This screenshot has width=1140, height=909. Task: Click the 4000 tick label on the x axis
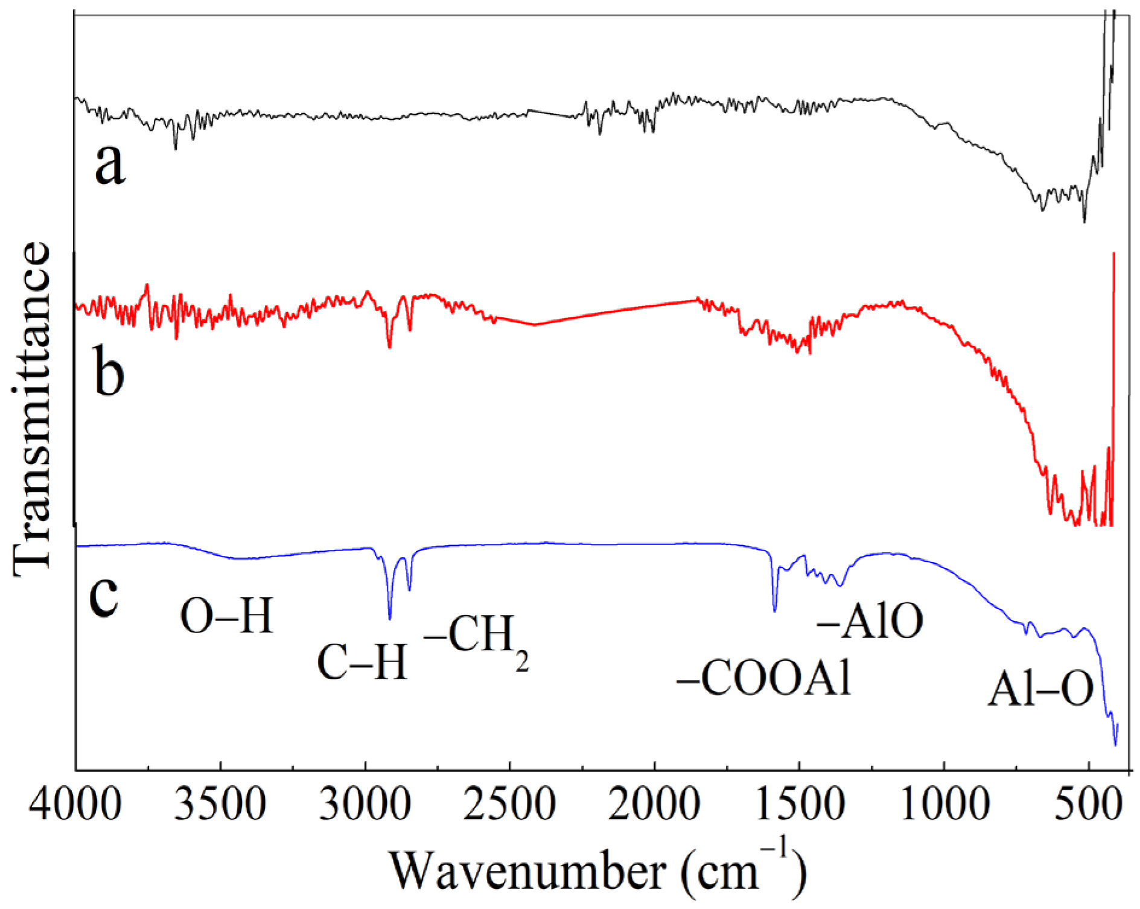[75, 805]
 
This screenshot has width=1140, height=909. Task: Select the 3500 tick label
[220, 805]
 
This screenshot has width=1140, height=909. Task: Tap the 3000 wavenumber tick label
[365, 805]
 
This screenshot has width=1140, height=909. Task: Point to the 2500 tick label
[510, 805]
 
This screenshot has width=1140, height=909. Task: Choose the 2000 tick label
[654, 805]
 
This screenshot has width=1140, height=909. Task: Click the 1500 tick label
[799, 805]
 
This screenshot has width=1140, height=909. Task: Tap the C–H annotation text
[362, 663]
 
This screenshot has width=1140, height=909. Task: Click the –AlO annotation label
[870, 622]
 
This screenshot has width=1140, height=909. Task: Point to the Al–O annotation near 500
[1040, 689]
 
